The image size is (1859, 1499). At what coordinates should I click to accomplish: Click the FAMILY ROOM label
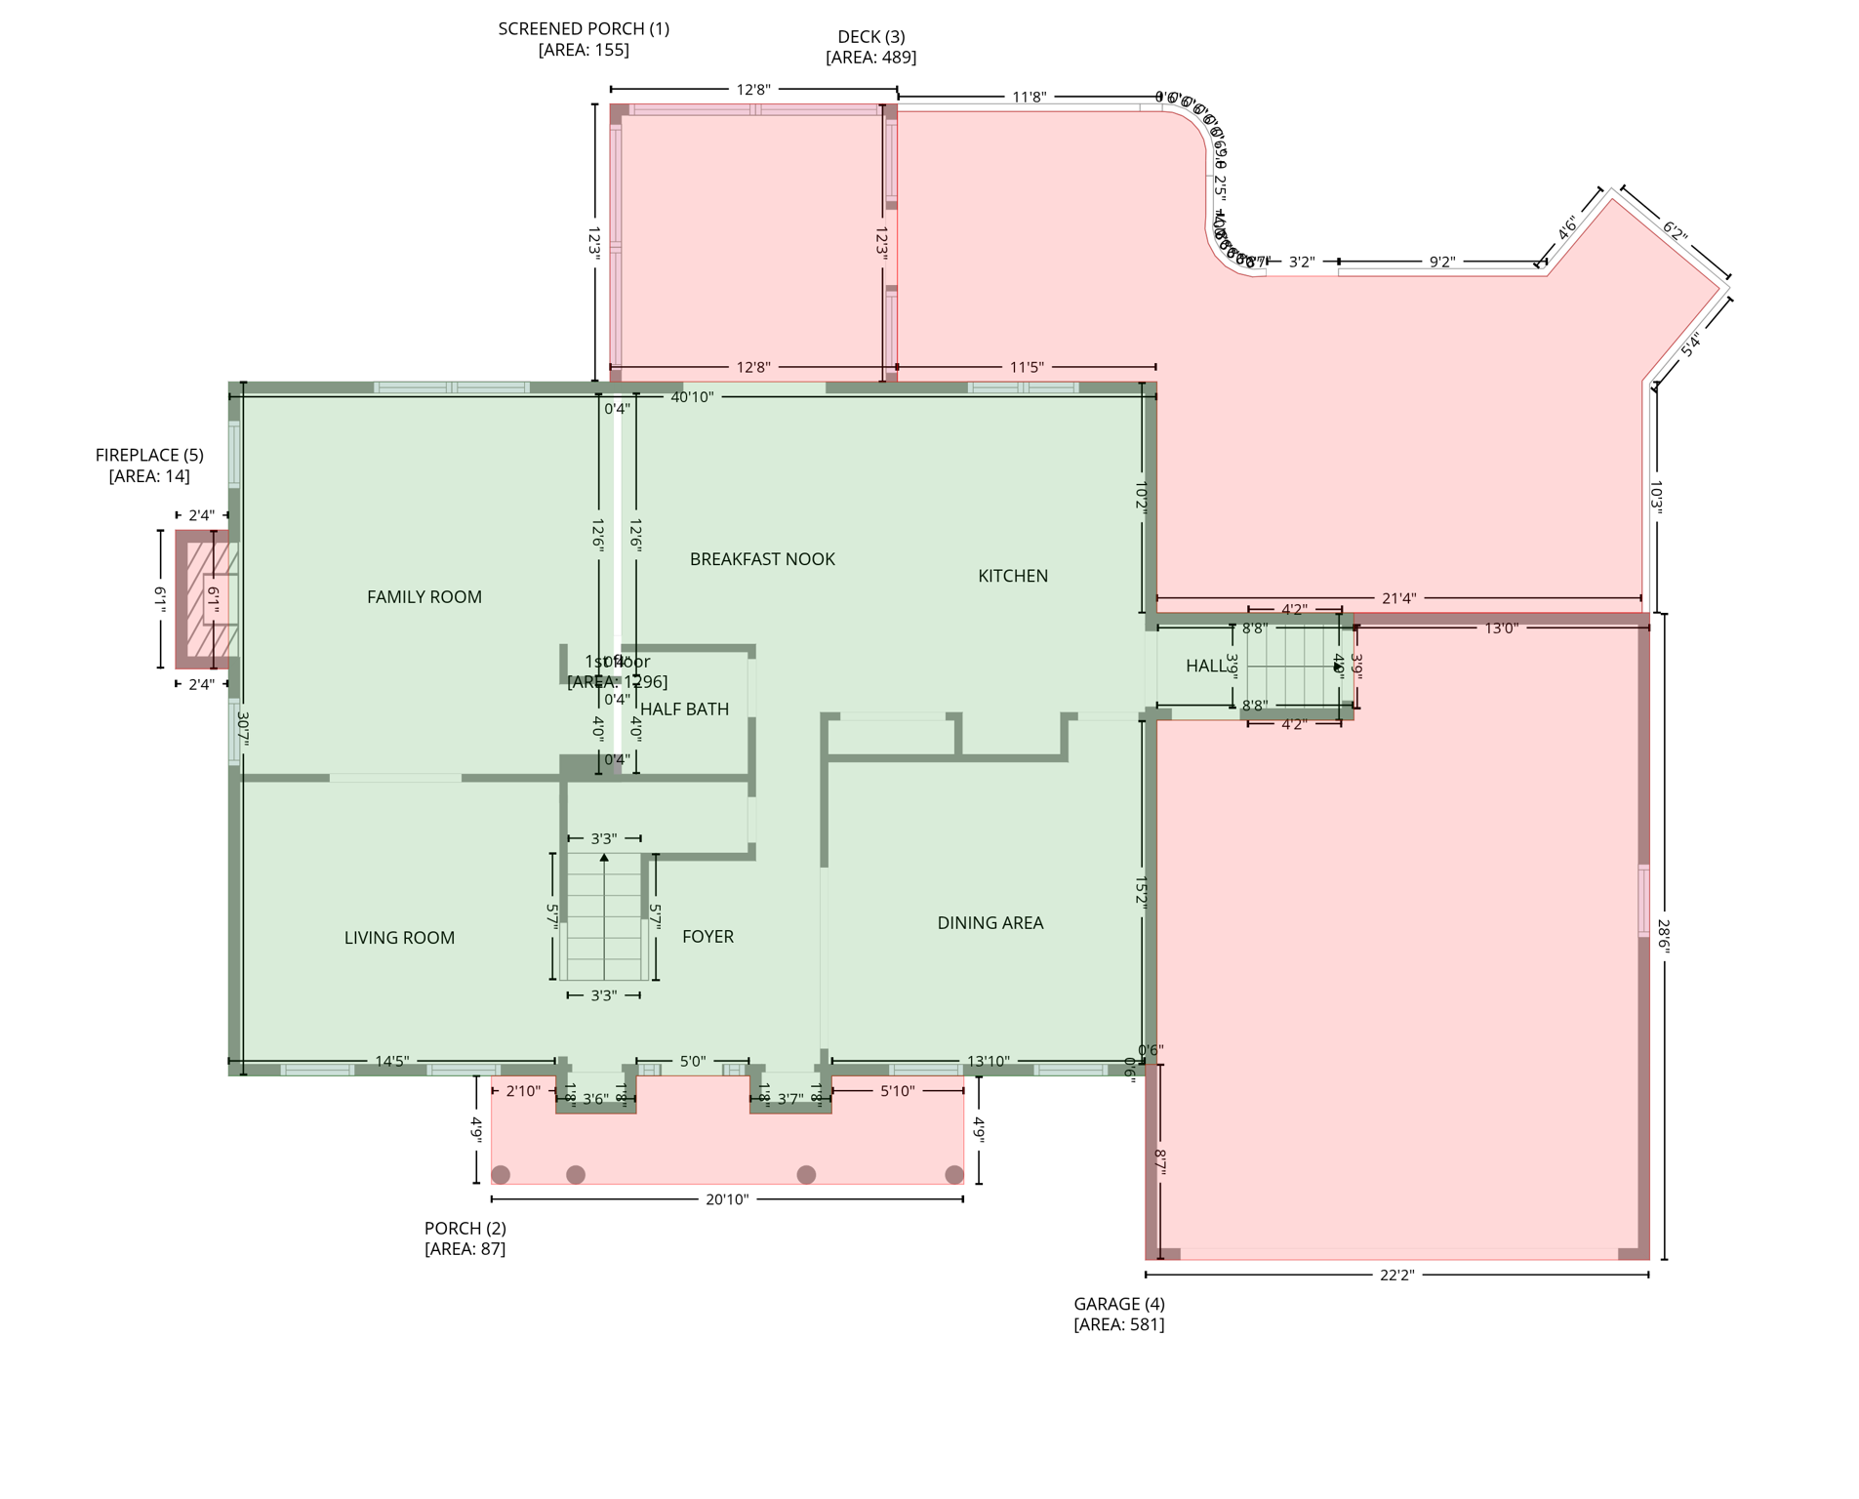424,597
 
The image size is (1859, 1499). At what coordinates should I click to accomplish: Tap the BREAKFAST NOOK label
761,559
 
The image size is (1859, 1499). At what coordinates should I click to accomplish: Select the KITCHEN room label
1012,576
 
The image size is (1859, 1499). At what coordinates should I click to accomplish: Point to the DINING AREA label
990,923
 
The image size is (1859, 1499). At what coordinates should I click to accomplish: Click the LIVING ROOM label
399,938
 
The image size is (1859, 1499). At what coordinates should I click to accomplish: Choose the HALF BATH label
684,709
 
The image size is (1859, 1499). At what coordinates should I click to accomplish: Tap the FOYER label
707,937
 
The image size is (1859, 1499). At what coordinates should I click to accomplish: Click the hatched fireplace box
207,599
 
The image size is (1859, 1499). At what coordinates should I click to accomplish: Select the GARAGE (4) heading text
1118,1304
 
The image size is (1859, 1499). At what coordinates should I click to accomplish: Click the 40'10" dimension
692,397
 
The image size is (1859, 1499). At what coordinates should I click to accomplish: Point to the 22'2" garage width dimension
1396,1275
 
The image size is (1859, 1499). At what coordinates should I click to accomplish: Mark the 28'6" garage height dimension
1663,935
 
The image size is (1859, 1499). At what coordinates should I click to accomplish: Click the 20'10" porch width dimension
726,1199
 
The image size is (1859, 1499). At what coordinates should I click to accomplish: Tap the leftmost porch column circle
501,1174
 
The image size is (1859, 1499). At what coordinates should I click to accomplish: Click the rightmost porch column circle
953,1174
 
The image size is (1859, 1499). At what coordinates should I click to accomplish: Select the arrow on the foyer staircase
604,858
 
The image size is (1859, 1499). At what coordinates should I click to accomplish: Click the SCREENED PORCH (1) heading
584,29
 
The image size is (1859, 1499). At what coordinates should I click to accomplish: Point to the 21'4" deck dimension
1397,598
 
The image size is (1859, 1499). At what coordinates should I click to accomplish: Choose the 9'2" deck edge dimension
1441,262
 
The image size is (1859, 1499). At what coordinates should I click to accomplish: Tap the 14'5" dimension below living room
391,1061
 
